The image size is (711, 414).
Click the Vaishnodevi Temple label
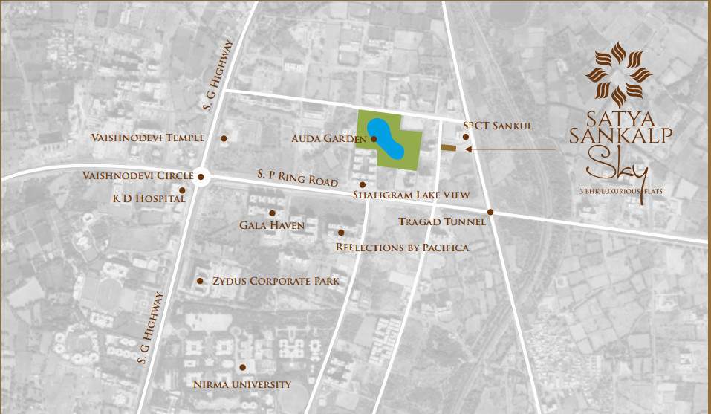click(x=147, y=138)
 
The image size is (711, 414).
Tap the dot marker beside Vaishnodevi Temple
click(x=224, y=138)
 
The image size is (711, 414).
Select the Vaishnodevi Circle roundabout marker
click(x=201, y=176)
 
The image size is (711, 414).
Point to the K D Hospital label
click(x=148, y=199)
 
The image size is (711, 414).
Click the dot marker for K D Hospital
click(x=182, y=190)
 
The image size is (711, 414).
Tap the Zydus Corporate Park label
click(x=276, y=281)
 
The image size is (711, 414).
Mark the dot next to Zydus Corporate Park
click(x=200, y=281)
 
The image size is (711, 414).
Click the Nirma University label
click(x=242, y=384)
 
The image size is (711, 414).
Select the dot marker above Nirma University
click(x=243, y=367)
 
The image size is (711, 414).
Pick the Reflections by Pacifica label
click(x=402, y=247)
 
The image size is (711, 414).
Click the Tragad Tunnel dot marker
click(x=490, y=212)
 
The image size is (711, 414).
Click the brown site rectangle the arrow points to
click(x=448, y=149)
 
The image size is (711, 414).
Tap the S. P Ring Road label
click(x=298, y=178)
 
